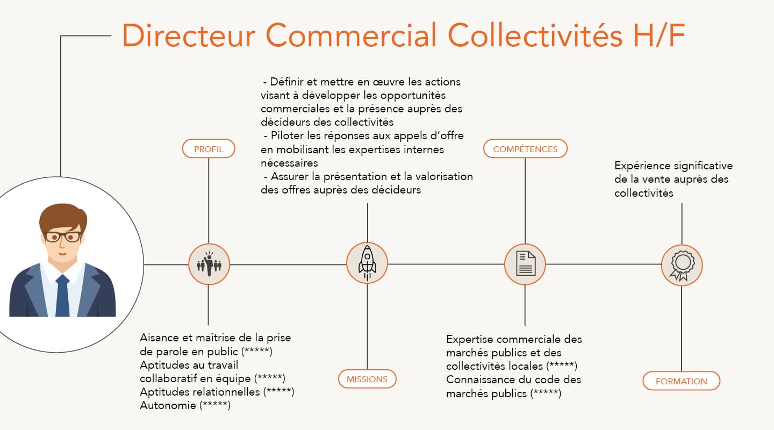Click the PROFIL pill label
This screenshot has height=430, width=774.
point(209,149)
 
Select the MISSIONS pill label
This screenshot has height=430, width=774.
point(367,379)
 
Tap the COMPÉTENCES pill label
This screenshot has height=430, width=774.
point(525,149)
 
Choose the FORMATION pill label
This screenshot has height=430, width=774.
point(681,381)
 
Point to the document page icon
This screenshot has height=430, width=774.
point(526,263)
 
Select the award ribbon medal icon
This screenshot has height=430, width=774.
point(682,266)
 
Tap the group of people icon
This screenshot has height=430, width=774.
point(209,264)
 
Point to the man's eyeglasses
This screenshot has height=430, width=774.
point(63,237)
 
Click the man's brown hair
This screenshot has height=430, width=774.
point(63,217)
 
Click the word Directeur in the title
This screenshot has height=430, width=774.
point(189,35)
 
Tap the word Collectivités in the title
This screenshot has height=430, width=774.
point(535,35)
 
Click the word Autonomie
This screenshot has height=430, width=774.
point(168,405)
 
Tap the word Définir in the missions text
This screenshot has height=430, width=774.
point(287,82)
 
